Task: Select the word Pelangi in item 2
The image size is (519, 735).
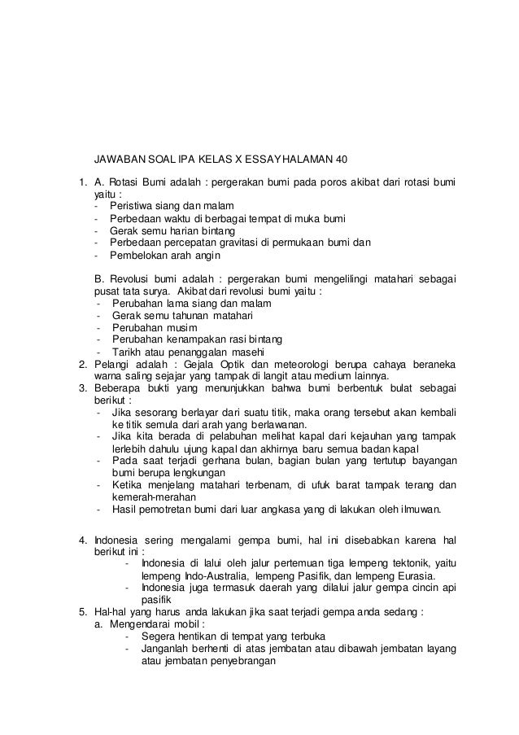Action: coord(111,363)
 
